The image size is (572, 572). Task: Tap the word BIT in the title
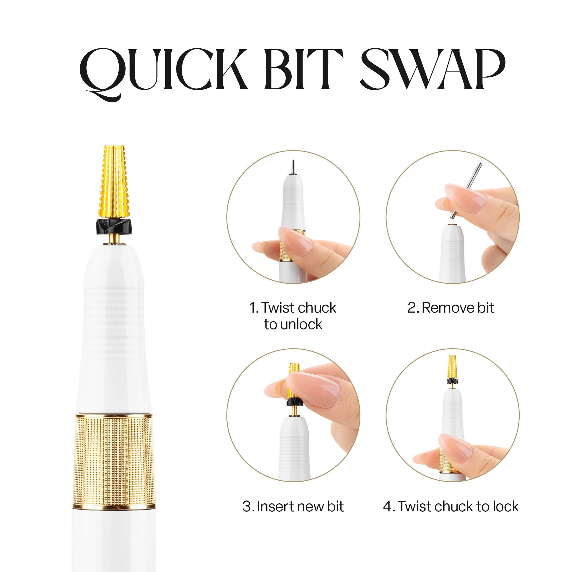[x=303, y=69]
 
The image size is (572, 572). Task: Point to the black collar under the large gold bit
[x=114, y=226]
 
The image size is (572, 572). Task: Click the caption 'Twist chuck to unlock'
[x=293, y=316]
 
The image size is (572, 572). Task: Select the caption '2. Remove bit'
[x=451, y=308]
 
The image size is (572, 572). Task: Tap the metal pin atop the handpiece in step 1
[x=293, y=167]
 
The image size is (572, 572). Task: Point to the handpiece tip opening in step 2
[x=452, y=225]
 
